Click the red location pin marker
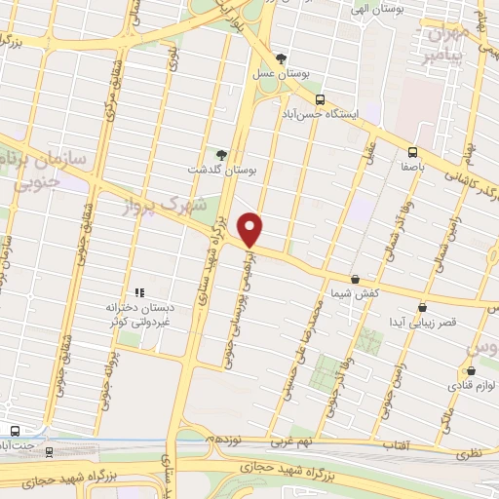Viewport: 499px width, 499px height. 251,229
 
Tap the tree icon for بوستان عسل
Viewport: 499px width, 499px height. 281,58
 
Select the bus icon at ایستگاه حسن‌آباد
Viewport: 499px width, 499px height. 319,99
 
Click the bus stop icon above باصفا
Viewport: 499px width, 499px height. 412,152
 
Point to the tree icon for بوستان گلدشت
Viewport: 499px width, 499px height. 221,154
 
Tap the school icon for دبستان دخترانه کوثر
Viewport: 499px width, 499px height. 138,291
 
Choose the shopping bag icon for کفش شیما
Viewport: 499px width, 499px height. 355,279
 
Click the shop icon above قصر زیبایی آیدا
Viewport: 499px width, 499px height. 421,306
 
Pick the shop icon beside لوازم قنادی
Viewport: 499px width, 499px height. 472,370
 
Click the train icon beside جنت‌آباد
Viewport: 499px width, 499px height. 15,431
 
